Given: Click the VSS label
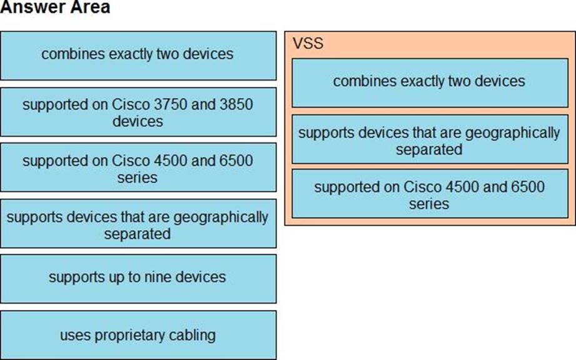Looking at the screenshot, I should click(x=308, y=44).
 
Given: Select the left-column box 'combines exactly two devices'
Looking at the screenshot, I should click(x=138, y=55).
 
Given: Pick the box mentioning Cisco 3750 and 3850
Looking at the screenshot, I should click(x=138, y=112).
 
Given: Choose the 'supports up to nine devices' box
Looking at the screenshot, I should click(x=138, y=277).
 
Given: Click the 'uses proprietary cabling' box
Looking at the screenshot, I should click(x=138, y=335).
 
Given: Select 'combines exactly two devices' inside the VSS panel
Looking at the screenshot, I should click(x=429, y=81).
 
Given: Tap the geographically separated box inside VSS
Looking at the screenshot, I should click(x=429, y=140).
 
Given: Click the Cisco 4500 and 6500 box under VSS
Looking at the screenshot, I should click(x=429, y=194).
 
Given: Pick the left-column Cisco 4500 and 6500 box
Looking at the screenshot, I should click(x=138, y=168).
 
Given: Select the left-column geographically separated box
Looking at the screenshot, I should click(x=138, y=225).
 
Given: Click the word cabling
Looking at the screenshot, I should click(x=191, y=335).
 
